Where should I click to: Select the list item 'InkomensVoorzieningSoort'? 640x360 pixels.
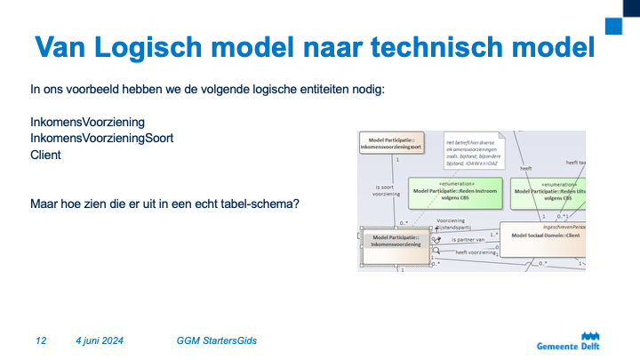[x=101, y=138]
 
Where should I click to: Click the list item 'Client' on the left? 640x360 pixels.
[x=45, y=155]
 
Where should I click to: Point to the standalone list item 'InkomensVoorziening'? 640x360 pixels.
[x=87, y=122]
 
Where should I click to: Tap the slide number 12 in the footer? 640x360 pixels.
[x=41, y=340]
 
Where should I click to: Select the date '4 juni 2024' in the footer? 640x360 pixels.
[x=100, y=340]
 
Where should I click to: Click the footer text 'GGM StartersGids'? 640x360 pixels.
[x=218, y=340]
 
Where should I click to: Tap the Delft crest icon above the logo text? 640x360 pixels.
[x=589, y=334]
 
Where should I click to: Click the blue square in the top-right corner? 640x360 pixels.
[x=613, y=25]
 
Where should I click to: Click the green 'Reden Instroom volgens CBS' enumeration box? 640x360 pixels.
[x=456, y=191]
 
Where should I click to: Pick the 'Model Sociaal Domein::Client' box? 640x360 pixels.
[x=543, y=235]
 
